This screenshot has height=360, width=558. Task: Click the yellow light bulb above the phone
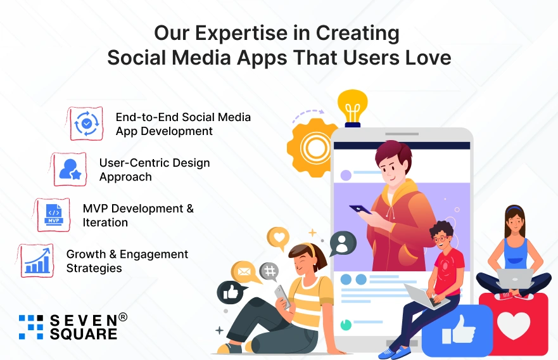(352, 108)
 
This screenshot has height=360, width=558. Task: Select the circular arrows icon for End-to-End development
(87, 124)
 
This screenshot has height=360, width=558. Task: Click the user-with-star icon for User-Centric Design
(70, 169)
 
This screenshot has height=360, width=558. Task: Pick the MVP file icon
(54, 215)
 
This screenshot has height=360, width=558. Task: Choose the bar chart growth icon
(37, 260)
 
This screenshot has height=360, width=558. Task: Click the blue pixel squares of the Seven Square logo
(31, 326)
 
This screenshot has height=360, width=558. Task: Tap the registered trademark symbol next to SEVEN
(122, 317)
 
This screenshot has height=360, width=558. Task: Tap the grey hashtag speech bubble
(269, 272)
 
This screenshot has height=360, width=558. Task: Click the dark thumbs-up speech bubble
(231, 292)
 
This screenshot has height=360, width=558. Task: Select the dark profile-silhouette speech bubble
(342, 243)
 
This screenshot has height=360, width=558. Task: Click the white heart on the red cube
(513, 325)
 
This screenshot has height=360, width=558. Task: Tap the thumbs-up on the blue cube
(459, 330)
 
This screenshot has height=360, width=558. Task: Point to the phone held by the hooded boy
(360, 209)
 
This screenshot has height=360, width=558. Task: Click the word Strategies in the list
(94, 268)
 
